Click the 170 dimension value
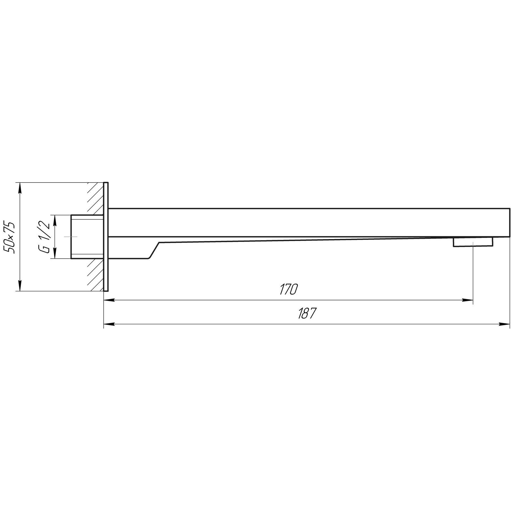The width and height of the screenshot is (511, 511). click(x=288, y=289)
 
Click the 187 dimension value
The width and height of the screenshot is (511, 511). click(x=307, y=313)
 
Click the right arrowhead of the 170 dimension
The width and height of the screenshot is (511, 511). click(x=468, y=300)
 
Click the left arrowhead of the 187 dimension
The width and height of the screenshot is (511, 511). click(x=110, y=324)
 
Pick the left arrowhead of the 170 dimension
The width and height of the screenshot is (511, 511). click(x=110, y=300)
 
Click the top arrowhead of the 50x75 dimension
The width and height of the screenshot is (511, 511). click(x=20, y=188)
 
